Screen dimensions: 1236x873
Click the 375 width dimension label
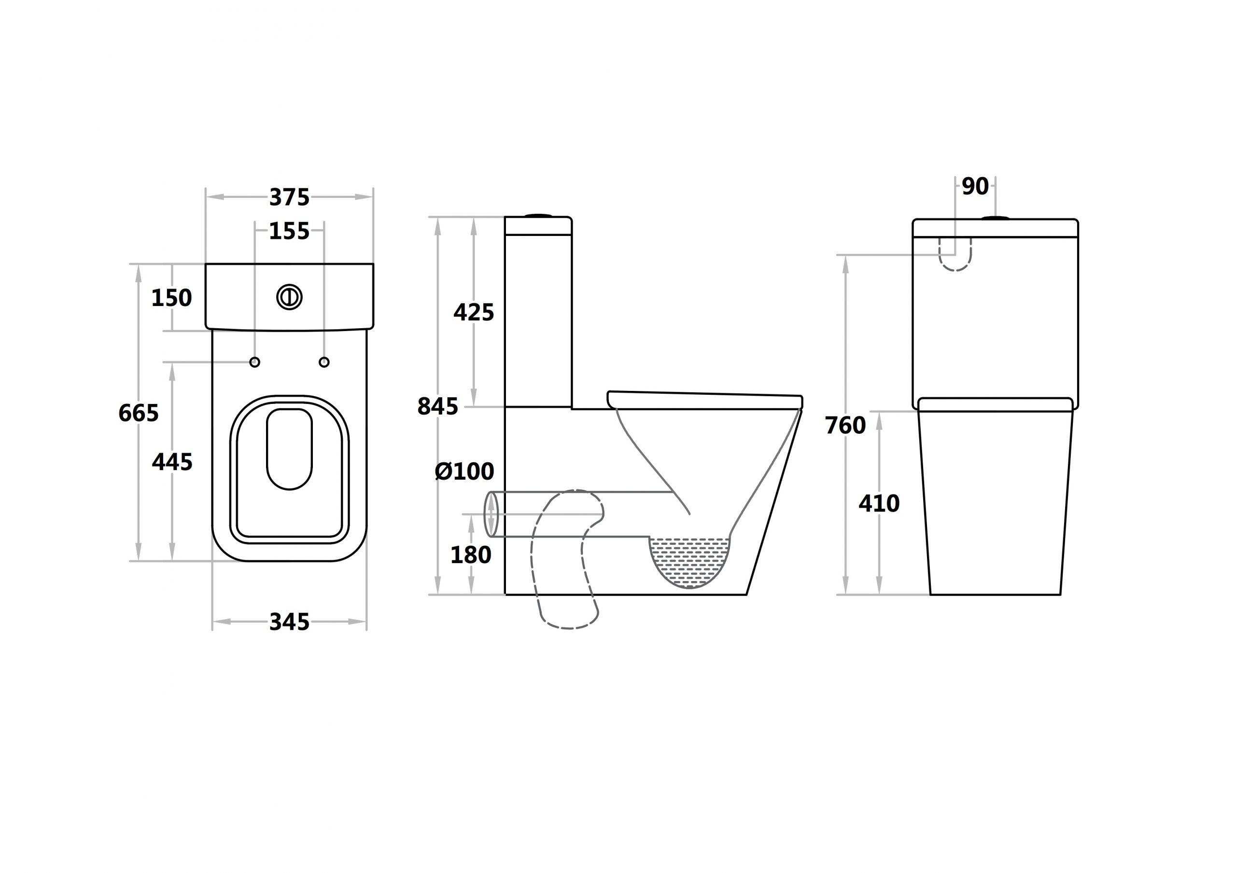(289, 197)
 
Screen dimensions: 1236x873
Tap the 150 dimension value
(171, 298)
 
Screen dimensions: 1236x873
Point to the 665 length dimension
(139, 413)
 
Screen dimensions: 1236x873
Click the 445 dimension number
(172, 462)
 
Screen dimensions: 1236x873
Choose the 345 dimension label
(289, 622)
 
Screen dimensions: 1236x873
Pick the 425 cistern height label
(474, 312)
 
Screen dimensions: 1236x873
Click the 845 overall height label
(437, 406)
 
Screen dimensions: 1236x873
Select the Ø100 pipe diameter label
(464, 471)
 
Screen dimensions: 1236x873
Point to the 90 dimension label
(975, 186)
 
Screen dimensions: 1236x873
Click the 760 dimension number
(845, 426)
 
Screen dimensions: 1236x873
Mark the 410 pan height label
(879, 504)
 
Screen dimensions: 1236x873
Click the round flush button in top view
(289, 297)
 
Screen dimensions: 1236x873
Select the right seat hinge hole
(324, 362)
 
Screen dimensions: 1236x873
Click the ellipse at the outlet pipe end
(491, 514)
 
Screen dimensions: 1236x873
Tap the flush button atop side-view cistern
(538, 215)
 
